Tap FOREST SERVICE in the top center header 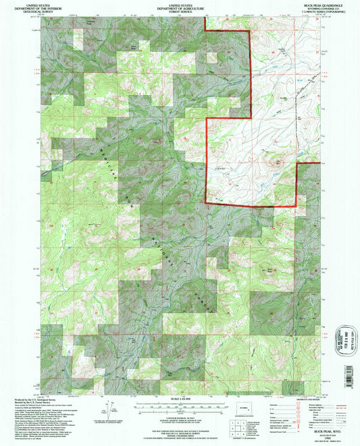point(180,11)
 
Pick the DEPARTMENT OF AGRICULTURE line point(180,7)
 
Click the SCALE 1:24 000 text point(180,399)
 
